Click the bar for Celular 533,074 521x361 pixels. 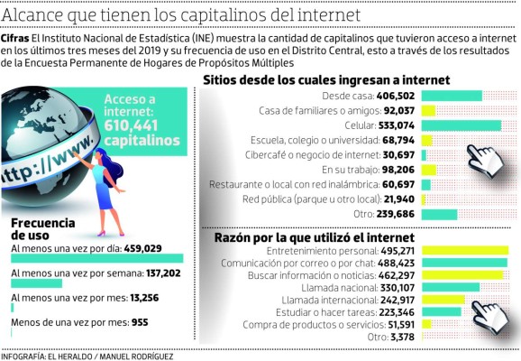[461, 125]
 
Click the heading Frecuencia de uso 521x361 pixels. [41, 226]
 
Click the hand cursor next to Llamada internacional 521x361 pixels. [491, 310]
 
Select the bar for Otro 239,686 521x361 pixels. [443, 214]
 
